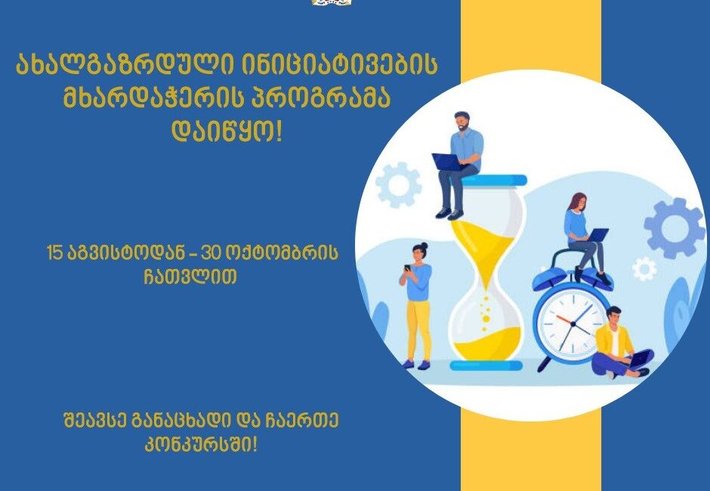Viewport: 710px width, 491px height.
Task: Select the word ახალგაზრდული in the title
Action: click(x=124, y=65)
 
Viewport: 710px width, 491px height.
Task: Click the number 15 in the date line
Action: click(x=55, y=254)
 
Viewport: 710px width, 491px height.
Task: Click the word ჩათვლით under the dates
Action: click(x=190, y=276)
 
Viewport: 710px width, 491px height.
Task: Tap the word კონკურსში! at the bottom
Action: click(x=201, y=445)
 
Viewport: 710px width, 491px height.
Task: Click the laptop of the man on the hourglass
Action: click(x=446, y=162)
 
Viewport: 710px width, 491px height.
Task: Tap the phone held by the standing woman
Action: click(x=407, y=267)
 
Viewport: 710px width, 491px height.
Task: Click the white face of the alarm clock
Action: click(x=573, y=323)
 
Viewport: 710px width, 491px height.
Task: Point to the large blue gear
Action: click(x=668, y=228)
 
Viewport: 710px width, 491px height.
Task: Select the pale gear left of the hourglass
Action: click(x=399, y=185)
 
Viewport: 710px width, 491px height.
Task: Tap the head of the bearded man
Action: click(x=461, y=122)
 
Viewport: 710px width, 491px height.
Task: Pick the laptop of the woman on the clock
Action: click(x=597, y=235)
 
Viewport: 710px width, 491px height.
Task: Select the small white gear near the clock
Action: click(x=644, y=269)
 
